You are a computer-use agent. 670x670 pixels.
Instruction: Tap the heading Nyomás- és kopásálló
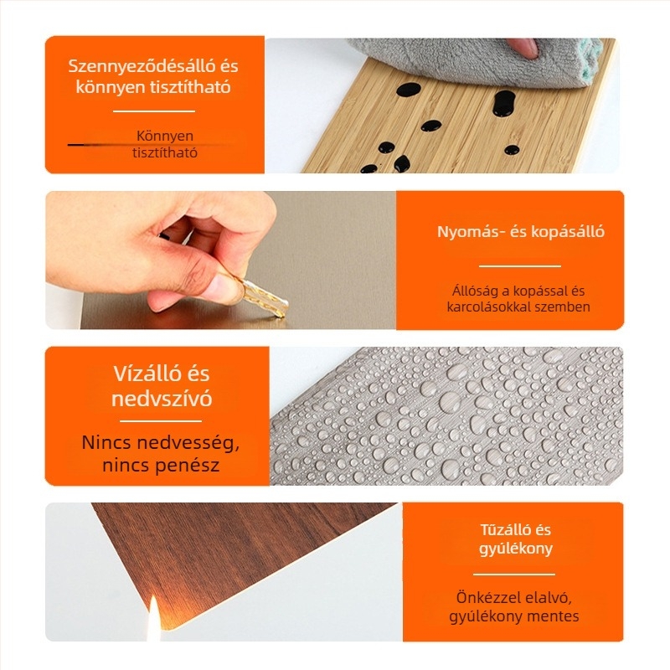509,232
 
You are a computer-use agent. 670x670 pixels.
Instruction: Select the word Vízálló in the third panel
142,374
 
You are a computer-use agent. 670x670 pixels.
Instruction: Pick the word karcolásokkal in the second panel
487,307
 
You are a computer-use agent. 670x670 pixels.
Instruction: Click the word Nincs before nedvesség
108,441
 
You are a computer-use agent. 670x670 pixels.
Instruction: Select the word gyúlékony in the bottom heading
514,549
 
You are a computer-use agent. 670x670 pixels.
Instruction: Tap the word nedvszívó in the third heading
162,399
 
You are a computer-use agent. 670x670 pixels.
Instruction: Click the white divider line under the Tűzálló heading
513,575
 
